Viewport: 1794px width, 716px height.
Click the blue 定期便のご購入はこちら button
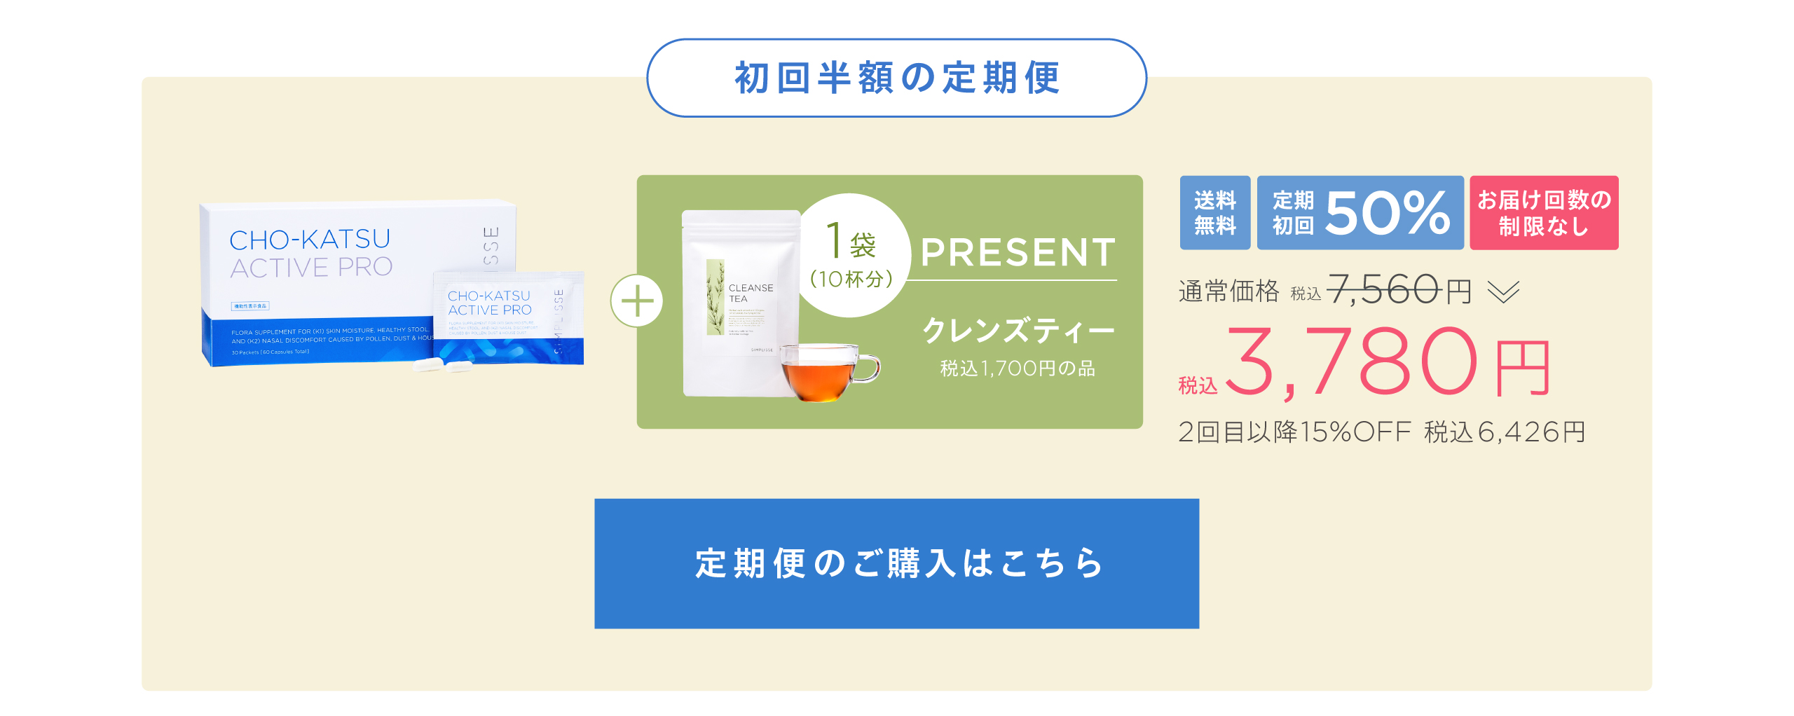896,563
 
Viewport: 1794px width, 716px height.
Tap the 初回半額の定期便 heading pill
896,78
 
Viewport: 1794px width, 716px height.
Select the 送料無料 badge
1214,213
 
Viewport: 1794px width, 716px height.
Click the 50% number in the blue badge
1387,213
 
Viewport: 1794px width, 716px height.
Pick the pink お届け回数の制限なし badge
1544,213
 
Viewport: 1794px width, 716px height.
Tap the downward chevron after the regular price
1503,291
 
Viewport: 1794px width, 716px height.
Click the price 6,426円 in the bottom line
1531,432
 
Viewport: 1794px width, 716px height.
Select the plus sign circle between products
636,301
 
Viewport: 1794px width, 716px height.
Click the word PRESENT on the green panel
1018,253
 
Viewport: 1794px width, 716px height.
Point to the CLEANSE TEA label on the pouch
751,293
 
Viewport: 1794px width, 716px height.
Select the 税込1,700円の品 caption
1018,369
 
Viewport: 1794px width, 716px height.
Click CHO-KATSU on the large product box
310,240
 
